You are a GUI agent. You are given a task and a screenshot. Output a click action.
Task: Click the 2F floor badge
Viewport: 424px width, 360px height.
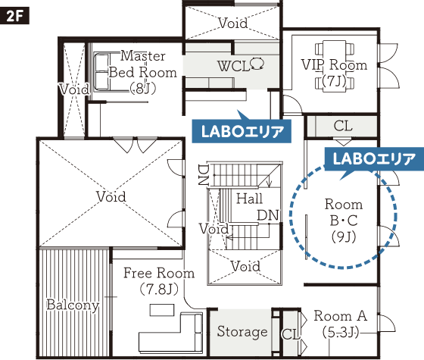pos(14,16)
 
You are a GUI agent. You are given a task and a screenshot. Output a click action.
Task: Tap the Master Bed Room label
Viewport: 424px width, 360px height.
pos(143,72)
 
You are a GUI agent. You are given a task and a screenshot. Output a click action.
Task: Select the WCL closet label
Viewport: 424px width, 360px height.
pos(241,65)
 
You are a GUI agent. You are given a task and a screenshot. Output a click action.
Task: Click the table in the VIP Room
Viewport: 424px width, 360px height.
pos(335,66)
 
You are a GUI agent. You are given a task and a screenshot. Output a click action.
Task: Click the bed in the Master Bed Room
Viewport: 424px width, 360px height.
pos(102,72)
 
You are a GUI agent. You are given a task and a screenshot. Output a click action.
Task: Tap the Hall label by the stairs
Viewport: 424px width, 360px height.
pos(249,199)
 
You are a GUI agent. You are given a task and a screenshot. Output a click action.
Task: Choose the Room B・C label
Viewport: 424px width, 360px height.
pos(344,220)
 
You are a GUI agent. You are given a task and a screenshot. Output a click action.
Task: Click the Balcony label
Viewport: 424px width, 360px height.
pos(73,305)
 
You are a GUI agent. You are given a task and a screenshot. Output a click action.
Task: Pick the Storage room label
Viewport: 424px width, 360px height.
pos(242,331)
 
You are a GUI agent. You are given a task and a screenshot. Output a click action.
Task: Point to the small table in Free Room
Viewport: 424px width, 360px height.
pos(162,310)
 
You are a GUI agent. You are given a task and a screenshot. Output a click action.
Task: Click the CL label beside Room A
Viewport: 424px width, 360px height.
pos(291,334)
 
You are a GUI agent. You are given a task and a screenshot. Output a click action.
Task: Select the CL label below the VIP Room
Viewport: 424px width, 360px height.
pos(343,126)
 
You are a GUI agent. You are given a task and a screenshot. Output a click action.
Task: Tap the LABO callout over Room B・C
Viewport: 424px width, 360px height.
pos(374,159)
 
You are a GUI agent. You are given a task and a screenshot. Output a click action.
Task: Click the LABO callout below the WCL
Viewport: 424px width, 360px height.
pos(242,131)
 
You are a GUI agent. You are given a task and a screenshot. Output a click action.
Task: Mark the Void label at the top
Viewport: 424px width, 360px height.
pos(233,23)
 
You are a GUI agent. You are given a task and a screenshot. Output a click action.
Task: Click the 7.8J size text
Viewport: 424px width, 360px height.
pos(159,289)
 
